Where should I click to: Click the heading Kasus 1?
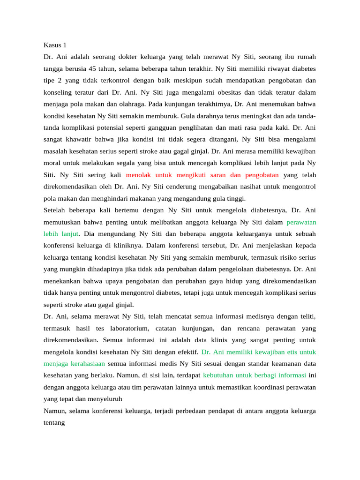(x=55, y=45)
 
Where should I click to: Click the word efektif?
(x=187, y=352)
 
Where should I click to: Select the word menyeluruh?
(x=106, y=399)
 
